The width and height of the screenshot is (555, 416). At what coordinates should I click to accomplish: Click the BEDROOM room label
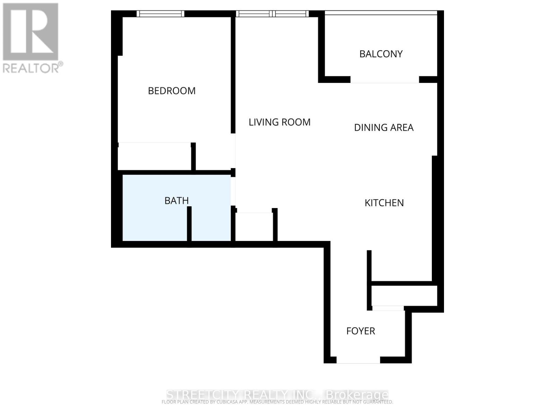tap(172, 91)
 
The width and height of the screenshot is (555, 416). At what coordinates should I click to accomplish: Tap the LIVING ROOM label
tap(280, 122)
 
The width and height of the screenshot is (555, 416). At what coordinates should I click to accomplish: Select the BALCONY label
tap(381, 54)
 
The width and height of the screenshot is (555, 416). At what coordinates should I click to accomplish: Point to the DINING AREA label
tap(384, 128)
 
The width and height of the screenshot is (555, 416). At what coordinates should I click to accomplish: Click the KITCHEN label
tap(384, 203)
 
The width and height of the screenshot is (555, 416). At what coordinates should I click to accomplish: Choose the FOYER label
tap(361, 331)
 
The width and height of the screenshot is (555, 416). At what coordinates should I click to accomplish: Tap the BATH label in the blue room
tap(177, 201)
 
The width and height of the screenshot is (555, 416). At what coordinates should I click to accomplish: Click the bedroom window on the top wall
tap(160, 14)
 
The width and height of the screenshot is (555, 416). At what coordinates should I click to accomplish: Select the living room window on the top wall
tap(272, 14)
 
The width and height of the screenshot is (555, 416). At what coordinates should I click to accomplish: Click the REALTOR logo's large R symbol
tap(31, 32)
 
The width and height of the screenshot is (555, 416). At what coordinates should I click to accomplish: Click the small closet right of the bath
tap(254, 227)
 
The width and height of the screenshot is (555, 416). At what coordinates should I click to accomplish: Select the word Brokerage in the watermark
tap(357, 395)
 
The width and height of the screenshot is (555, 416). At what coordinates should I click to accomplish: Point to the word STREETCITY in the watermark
tap(203, 395)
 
